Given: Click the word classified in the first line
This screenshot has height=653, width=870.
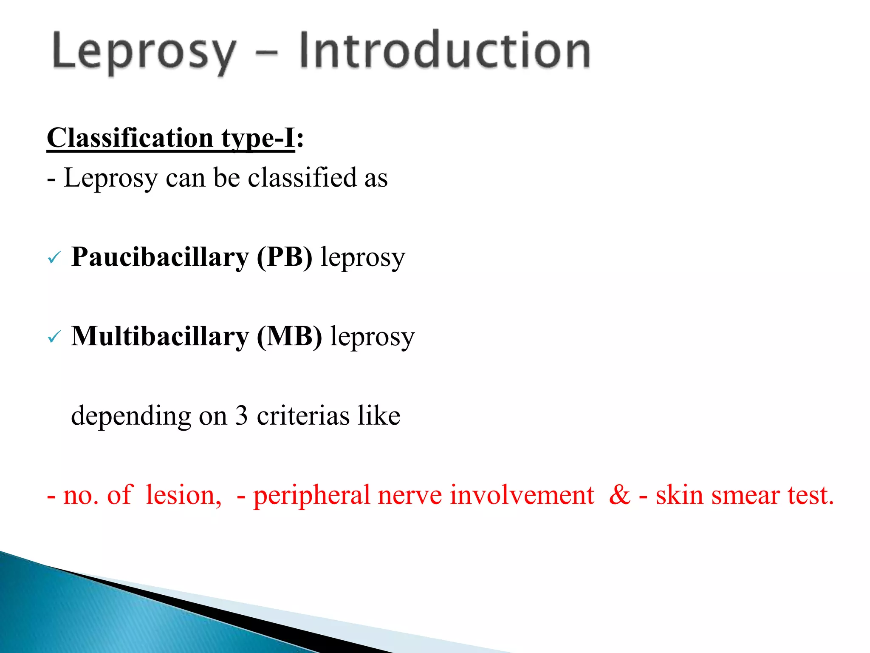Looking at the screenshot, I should pyautogui.click(x=302, y=177).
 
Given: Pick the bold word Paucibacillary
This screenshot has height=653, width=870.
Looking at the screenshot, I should pyautogui.click(x=160, y=257).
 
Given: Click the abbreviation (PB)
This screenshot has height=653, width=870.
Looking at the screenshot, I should pyautogui.click(x=284, y=257).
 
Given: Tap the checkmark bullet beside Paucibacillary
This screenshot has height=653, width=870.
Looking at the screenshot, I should pyautogui.click(x=54, y=258).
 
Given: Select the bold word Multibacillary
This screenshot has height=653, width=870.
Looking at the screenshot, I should pyautogui.click(x=160, y=336).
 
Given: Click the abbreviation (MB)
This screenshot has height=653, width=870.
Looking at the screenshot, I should pyautogui.click(x=289, y=336).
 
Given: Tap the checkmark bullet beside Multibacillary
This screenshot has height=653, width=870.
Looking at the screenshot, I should pyautogui.click(x=54, y=337).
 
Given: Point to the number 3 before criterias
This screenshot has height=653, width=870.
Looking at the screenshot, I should pyautogui.click(x=241, y=415).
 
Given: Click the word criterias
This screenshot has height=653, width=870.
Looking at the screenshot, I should pyautogui.click(x=303, y=415).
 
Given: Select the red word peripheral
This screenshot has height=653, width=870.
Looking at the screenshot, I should pyautogui.click(x=311, y=496).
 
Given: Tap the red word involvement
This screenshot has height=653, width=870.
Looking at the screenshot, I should pyautogui.click(x=522, y=495).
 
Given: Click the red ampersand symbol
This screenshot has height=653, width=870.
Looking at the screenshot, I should pyautogui.click(x=619, y=495).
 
